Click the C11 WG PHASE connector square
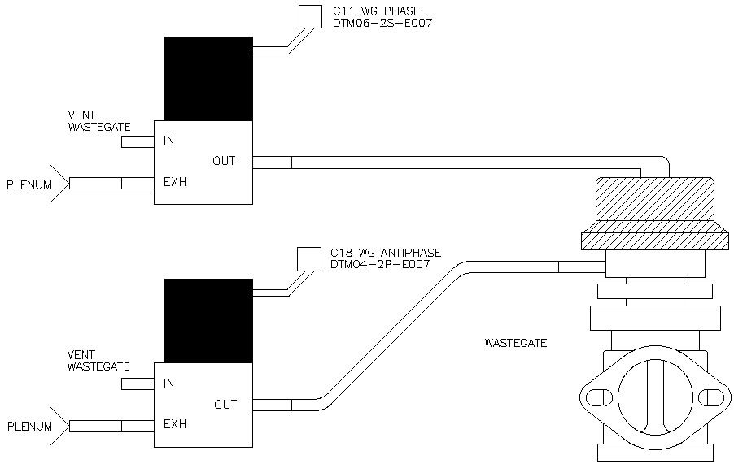[310, 16]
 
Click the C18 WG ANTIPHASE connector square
[309, 259]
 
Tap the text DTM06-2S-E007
[382, 23]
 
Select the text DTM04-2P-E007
[380, 264]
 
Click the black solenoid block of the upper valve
[209, 79]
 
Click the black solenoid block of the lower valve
[209, 321]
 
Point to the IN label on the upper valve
[168, 141]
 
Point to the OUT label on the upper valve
[224, 161]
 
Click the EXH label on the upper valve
[175, 181]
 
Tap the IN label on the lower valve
[168, 384]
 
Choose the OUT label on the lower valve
[225, 404]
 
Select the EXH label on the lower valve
[175, 424]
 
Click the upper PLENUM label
[29, 185]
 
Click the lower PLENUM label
[29, 426]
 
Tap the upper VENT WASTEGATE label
[98, 120]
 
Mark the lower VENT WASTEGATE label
[98, 361]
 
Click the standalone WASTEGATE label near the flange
[515, 343]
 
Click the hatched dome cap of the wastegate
[655, 200]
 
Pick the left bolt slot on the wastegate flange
[599, 398]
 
